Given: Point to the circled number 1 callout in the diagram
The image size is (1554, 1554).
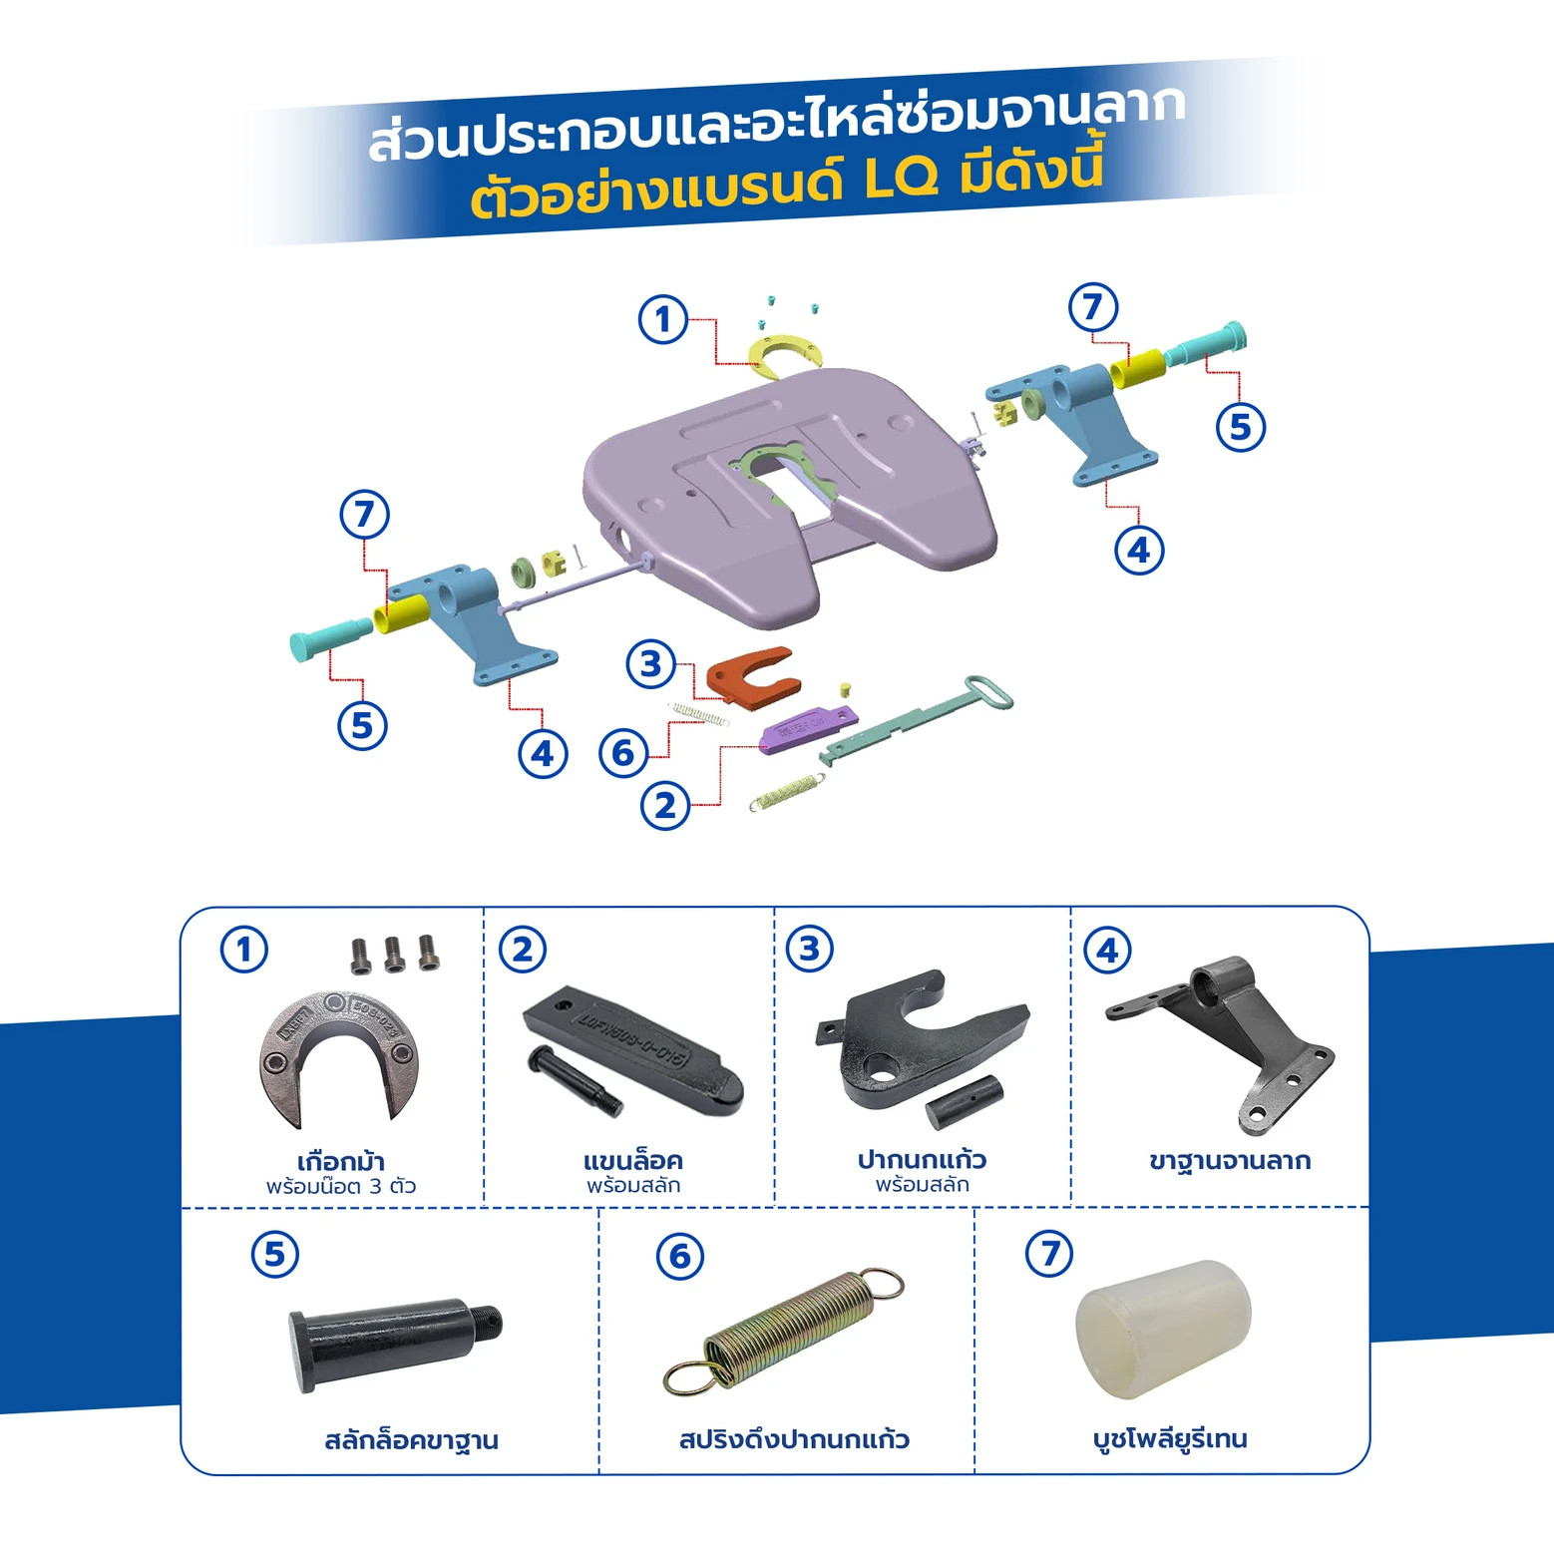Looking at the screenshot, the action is point(663,319).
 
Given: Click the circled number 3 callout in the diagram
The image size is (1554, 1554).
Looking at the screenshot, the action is point(651,663).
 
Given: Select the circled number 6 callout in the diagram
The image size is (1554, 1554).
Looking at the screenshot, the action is point(623,752).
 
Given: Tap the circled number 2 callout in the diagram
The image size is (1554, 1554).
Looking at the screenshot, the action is point(665,805).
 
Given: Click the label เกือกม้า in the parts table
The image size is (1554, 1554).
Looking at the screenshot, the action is point(341,1161).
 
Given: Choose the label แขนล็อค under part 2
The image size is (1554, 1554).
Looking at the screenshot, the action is point(633,1160).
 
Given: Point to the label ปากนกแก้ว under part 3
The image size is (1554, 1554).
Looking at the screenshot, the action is point(922,1159).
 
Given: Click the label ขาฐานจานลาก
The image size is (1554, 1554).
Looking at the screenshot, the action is point(1230,1160).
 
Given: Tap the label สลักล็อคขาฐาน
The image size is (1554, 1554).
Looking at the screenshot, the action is point(411,1440).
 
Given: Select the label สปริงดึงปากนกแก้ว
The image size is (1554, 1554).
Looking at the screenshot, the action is point(794,1439).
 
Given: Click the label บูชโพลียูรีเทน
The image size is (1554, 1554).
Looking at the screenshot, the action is point(1170,1438).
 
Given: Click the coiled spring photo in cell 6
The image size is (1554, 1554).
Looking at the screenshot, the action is point(784,1331).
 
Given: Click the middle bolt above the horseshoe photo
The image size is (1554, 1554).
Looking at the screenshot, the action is point(394,954).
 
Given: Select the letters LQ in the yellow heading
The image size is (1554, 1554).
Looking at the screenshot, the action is point(901,180).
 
